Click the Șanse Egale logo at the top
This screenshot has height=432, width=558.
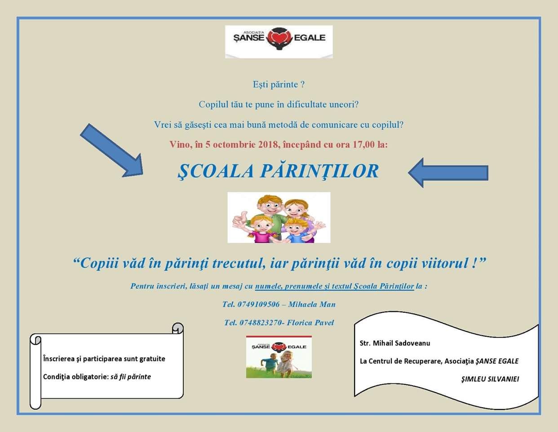pyautogui.click(x=279, y=41)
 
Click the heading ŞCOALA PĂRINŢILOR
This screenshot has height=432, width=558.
pyautogui.click(x=278, y=171)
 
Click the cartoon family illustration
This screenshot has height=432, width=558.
pyautogui.click(x=279, y=217)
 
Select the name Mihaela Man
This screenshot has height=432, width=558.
pyautogui.click(x=312, y=305)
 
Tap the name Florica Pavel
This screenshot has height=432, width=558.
pyautogui.click(x=310, y=323)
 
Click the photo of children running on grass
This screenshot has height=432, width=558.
pyautogui.click(x=279, y=357)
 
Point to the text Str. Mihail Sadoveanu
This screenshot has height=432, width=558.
pyautogui.click(x=395, y=343)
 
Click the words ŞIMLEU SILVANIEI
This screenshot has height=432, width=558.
pyautogui.click(x=490, y=379)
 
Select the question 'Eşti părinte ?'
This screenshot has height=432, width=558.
pyautogui.click(x=279, y=85)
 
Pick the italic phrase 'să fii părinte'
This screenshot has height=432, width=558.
pyautogui.click(x=131, y=377)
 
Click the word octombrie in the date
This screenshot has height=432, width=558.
pyautogui.click(x=235, y=145)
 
